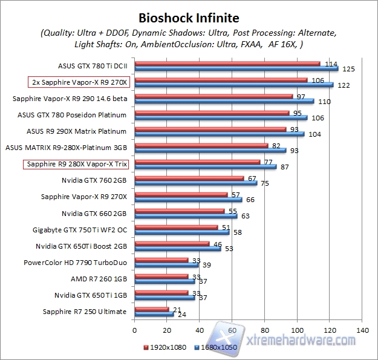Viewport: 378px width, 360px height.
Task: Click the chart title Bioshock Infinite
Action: point(189,18)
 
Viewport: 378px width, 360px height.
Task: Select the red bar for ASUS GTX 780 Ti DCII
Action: point(227,63)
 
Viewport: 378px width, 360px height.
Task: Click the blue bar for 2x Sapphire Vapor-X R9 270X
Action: point(233,85)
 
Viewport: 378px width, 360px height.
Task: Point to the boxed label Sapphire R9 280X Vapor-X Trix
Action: point(79,164)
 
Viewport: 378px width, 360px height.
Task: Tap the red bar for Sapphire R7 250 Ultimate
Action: point(152,309)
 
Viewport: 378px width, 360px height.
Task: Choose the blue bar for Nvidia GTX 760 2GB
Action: point(196,183)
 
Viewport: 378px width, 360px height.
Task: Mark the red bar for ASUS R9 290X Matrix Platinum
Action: point(210,129)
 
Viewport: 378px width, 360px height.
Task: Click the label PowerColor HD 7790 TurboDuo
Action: point(75,263)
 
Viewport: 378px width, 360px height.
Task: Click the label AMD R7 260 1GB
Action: point(99,279)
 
